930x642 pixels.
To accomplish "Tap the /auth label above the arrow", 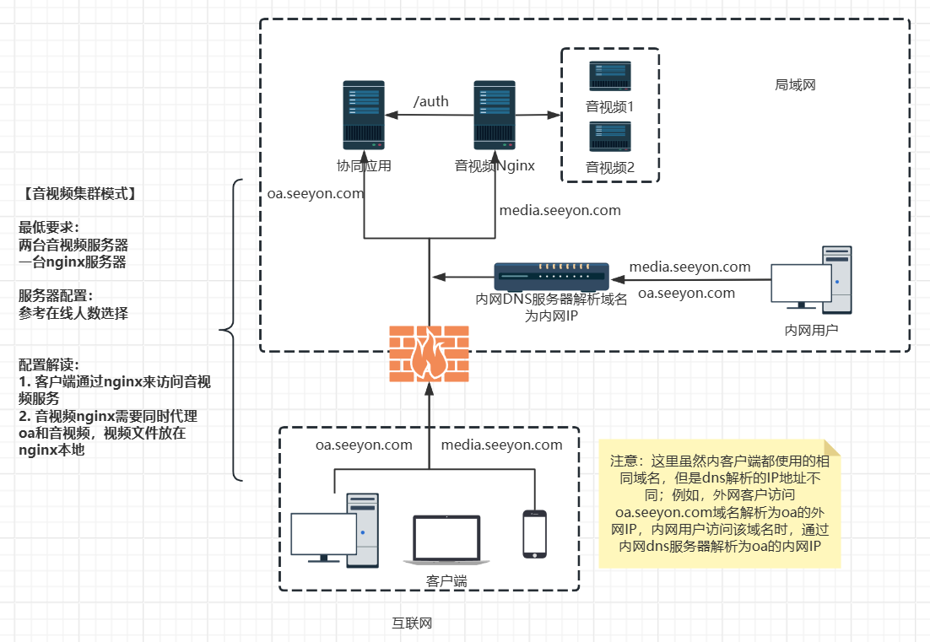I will click(430, 102).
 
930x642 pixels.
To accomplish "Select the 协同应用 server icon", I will click(364, 116).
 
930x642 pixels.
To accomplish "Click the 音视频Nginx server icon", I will click(495, 116).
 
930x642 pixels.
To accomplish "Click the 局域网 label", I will click(795, 85).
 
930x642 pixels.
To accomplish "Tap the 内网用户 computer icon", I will click(812, 278).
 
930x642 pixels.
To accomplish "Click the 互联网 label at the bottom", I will click(412, 623).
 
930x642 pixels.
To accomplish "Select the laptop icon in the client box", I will click(446, 540).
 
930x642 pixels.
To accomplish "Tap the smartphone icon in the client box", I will click(534, 533).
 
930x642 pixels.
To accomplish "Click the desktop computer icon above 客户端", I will click(335, 529).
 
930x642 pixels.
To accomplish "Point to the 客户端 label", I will click(446, 581).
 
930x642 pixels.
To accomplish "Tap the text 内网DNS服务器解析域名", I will click(552, 299).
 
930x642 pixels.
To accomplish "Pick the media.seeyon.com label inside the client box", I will click(501, 445).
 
